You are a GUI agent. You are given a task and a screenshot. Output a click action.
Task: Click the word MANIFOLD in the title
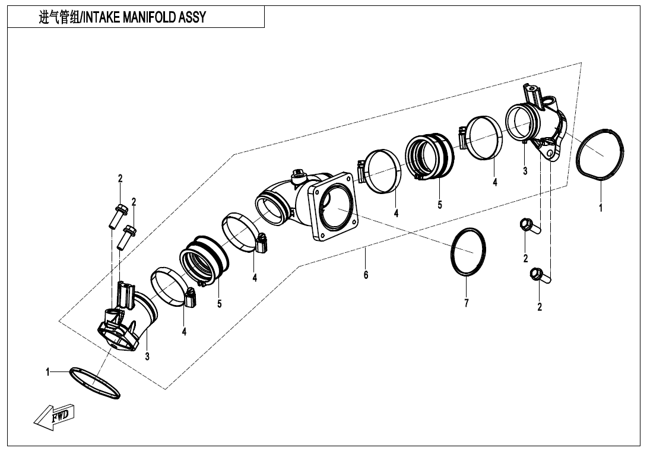(147, 17)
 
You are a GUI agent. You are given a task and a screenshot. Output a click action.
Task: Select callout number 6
(366, 275)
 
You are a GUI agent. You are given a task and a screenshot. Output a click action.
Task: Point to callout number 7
(467, 303)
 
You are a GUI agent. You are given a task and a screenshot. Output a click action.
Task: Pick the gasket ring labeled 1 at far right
(601, 154)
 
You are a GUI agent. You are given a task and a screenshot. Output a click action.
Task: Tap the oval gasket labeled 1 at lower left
(95, 384)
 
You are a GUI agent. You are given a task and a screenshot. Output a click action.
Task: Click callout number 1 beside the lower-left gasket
(48, 372)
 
